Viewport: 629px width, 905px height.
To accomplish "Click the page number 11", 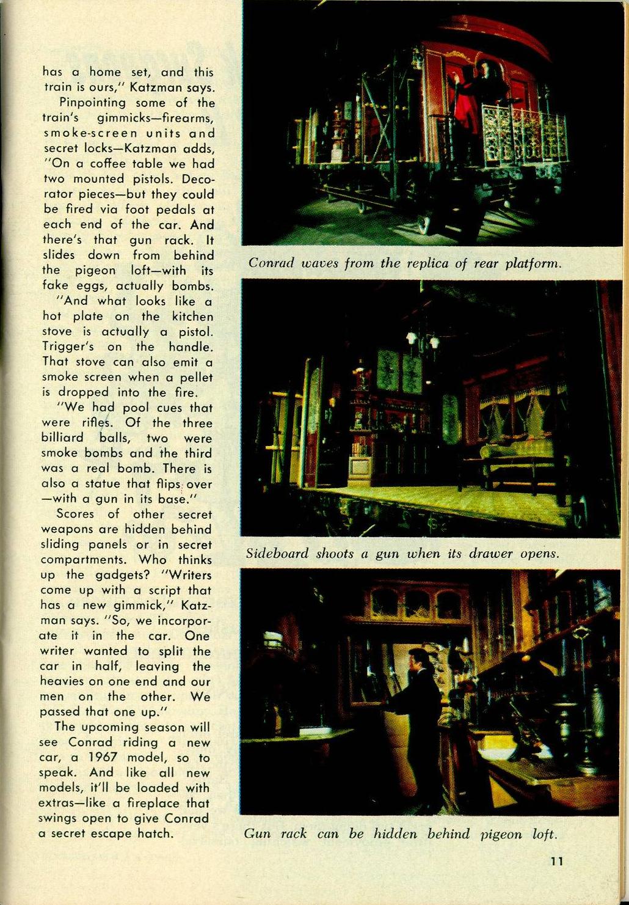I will [556, 862].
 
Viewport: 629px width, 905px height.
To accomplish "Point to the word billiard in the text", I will [63, 438].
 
